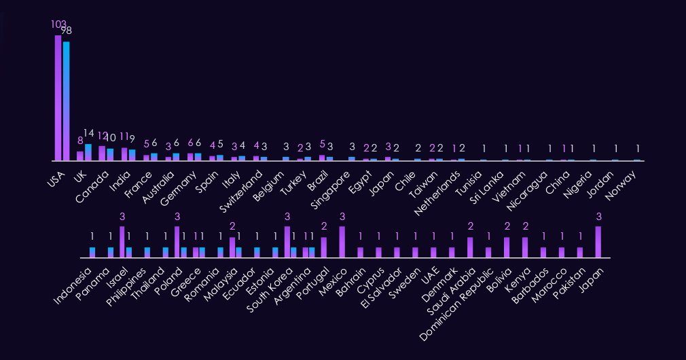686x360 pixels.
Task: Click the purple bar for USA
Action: tap(58, 98)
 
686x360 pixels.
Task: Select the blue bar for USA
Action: tap(67, 101)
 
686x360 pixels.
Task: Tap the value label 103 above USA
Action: tap(58, 24)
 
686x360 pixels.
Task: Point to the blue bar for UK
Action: tap(88, 152)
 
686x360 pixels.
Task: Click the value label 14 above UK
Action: tap(88, 133)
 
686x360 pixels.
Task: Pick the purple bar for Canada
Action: tap(102, 153)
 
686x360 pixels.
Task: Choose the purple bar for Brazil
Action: tap(322, 158)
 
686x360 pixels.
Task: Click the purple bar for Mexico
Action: tap(342, 242)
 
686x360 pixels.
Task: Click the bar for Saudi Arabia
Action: tap(470, 247)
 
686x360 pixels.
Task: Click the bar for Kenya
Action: tap(525, 247)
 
